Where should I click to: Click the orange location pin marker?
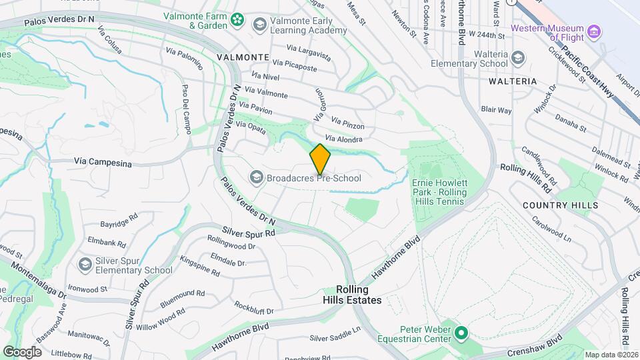(x=320, y=159)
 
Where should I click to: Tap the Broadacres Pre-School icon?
(x=256, y=177)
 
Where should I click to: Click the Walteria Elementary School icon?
(x=517, y=59)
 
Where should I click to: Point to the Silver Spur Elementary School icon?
(x=85, y=265)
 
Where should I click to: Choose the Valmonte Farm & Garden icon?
(x=237, y=21)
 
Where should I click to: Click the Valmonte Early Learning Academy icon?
(x=259, y=25)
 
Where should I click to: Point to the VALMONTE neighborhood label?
(x=243, y=57)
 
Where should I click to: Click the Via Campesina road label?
(x=99, y=161)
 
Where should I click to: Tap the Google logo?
(x=22, y=351)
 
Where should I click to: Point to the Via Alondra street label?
(x=344, y=139)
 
